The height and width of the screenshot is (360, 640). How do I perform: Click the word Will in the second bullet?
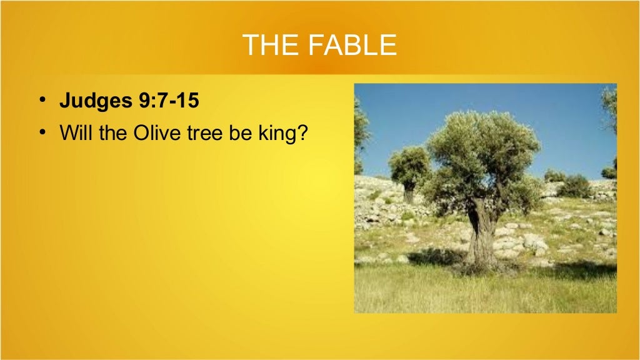tap(76, 134)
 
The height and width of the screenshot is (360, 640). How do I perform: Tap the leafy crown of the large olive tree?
tap(481, 150)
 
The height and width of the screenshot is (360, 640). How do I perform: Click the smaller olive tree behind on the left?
tap(409, 166)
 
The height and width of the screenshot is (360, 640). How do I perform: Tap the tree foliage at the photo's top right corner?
tap(609, 103)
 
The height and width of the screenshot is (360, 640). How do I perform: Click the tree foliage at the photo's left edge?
tap(360, 131)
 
